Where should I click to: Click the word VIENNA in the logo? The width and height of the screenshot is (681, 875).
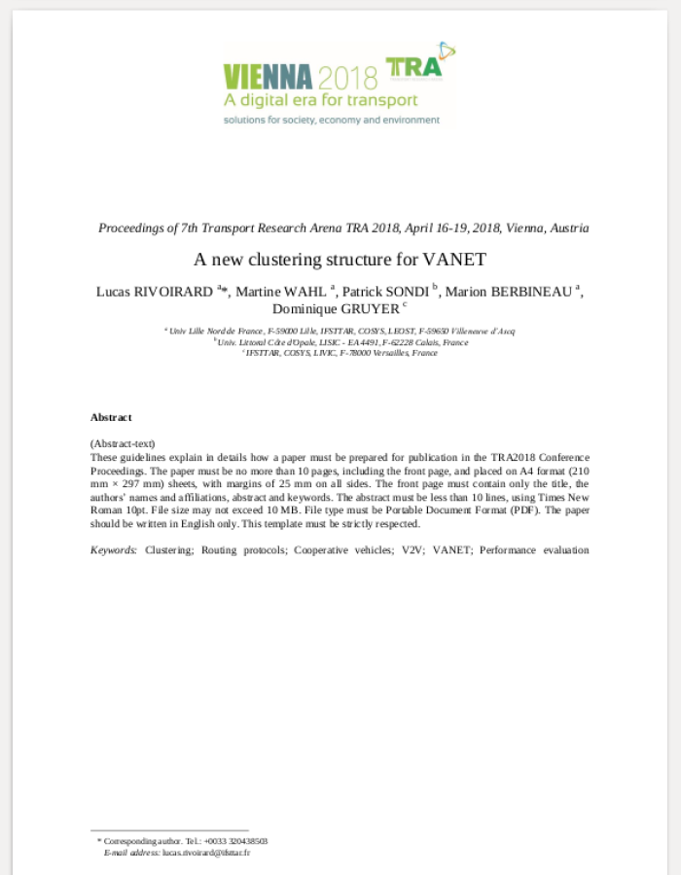[x=268, y=76]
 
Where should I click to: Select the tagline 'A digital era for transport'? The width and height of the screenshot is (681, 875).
[x=321, y=100]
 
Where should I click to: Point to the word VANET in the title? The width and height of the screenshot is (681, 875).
[x=454, y=260]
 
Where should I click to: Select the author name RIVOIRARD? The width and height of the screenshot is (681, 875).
[x=174, y=292]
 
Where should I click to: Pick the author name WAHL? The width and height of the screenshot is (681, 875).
[x=306, y=292]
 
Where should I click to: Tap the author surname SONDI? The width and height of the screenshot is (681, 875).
[x=409, y=292]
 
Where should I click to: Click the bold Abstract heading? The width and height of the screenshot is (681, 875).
[x=111, y=417]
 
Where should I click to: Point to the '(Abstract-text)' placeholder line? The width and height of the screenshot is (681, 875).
[x=123, y=443]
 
